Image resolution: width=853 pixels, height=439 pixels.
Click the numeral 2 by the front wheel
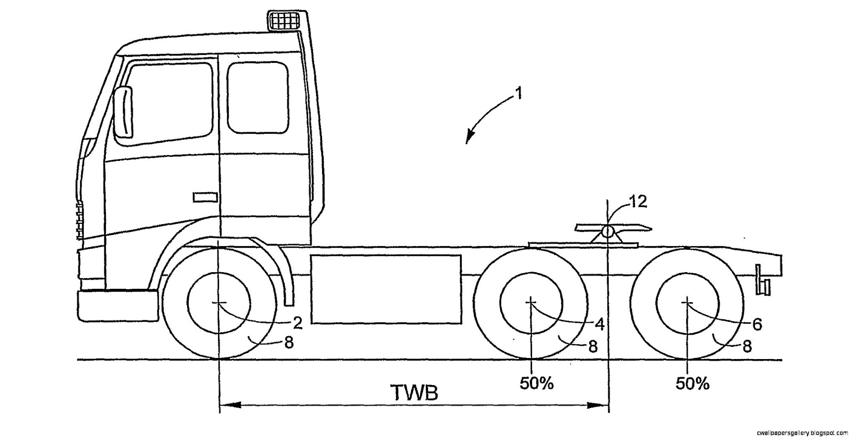297,322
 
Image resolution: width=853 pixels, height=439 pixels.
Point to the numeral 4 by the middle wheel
599,323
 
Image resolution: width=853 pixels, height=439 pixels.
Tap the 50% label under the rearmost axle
693,383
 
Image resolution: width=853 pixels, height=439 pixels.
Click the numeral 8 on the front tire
288,343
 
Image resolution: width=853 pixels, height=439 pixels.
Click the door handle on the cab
205,197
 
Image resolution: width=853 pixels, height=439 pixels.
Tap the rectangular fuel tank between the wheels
386,289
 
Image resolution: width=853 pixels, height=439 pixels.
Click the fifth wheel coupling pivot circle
607,233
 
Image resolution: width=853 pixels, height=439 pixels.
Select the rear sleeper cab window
258,97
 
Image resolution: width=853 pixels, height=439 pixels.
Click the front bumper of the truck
117,305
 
